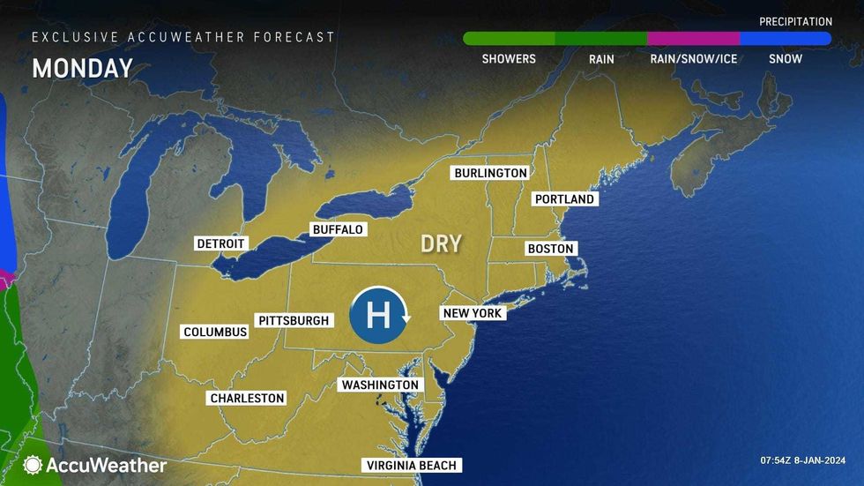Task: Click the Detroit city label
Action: (x=221, y=243)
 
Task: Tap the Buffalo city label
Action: (x=338, y=229)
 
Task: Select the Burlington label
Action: (x=490, y=173)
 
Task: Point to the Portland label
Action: (x=564, y=199)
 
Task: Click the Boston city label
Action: (x=550, y=249)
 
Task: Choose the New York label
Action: (x=472, y=313)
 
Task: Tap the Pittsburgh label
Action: (x=294, y=320)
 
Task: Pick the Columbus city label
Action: (x=215, y=332)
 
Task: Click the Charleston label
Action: (x=247, y=398)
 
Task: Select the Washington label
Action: (x=380, y=385)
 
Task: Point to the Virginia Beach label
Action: (x=412, y=466)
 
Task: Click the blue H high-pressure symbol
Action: (x=377, y=315)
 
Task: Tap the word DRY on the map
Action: (x=441, y=243)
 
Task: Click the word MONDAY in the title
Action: (x=82, y=69)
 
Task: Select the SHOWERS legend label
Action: (x=509, y=59)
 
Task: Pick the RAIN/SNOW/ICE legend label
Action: (x=693, y=59)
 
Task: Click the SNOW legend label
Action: (x=785, y=59)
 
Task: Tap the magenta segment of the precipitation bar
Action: (x=693, y=39)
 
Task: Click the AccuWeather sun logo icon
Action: (x=34, y=465)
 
